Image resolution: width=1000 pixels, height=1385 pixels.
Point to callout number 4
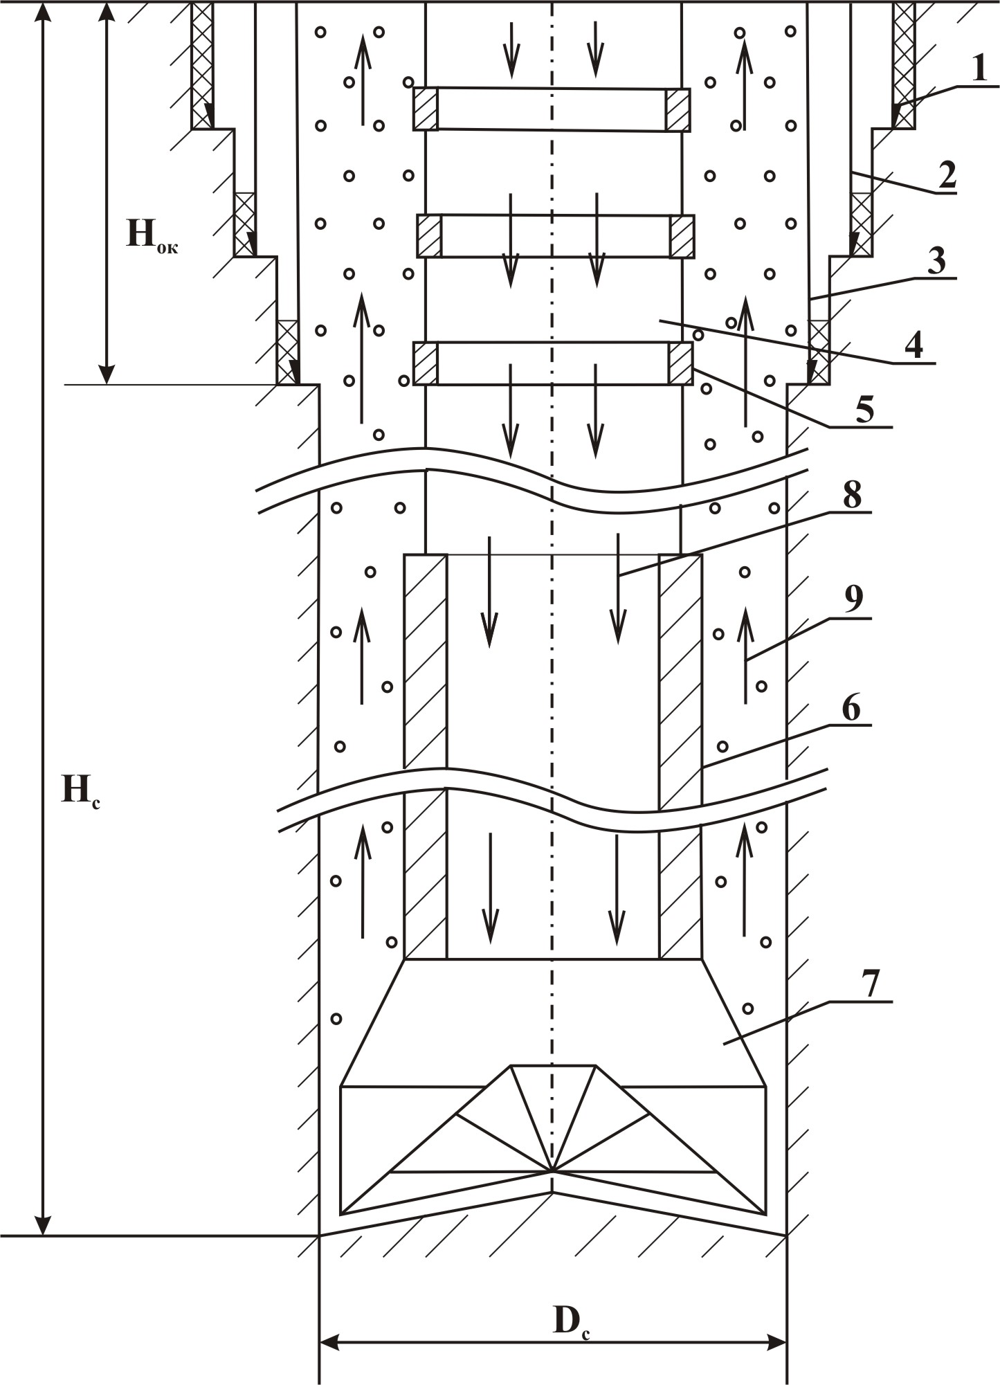(x=915, y=344)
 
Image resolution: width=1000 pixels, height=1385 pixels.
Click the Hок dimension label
(x=152, y=235)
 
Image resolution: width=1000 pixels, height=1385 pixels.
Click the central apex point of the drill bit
(x=552, y=1170)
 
